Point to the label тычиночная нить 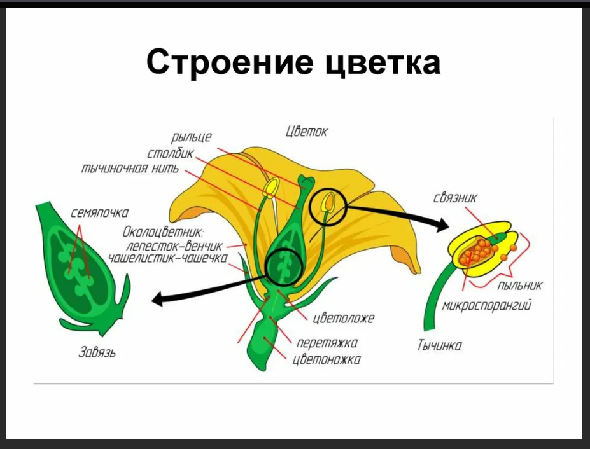tap(130, 170)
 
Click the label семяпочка tap(99, 213)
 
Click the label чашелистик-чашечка tap(167, 259)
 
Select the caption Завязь tap(96, 352)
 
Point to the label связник tap(454, 198)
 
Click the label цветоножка tap(327, 360)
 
